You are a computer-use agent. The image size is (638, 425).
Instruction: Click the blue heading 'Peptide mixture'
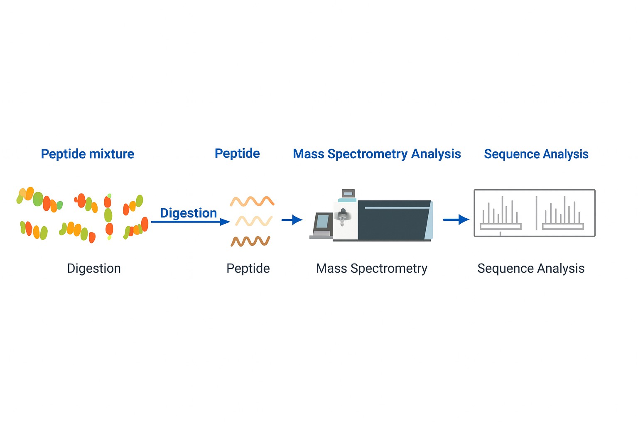point(87,154)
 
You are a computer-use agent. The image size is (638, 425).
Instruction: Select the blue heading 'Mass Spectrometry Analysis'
point(377,154)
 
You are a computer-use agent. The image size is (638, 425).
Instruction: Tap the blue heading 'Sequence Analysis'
point(536,154)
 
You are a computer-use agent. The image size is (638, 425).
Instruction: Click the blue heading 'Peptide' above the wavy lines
point(237,153)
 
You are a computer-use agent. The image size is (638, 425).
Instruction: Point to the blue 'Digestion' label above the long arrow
point(188,213)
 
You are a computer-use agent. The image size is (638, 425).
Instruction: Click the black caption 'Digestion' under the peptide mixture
point(94,269)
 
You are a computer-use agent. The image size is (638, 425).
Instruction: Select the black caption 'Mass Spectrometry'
point(371,269)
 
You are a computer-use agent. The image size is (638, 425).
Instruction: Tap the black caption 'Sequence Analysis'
point(530,269)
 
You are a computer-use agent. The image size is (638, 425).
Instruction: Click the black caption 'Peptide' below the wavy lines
point(248,269)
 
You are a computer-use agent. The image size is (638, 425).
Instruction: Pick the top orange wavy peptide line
point(252,201)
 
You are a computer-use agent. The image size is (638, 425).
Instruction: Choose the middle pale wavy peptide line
point(253,221)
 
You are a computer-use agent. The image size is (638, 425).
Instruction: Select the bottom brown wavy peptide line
point(250,241)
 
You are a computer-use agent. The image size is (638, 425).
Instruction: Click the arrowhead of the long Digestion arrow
point(225,222)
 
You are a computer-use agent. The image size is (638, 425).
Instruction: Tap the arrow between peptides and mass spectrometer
point(292,220)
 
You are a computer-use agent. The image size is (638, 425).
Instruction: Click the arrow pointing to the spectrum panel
point(456,220)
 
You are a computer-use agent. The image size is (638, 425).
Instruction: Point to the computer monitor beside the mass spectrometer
point(323,223)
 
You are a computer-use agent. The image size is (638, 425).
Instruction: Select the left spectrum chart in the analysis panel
point(500,214)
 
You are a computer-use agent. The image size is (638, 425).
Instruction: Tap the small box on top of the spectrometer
point(348,193)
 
